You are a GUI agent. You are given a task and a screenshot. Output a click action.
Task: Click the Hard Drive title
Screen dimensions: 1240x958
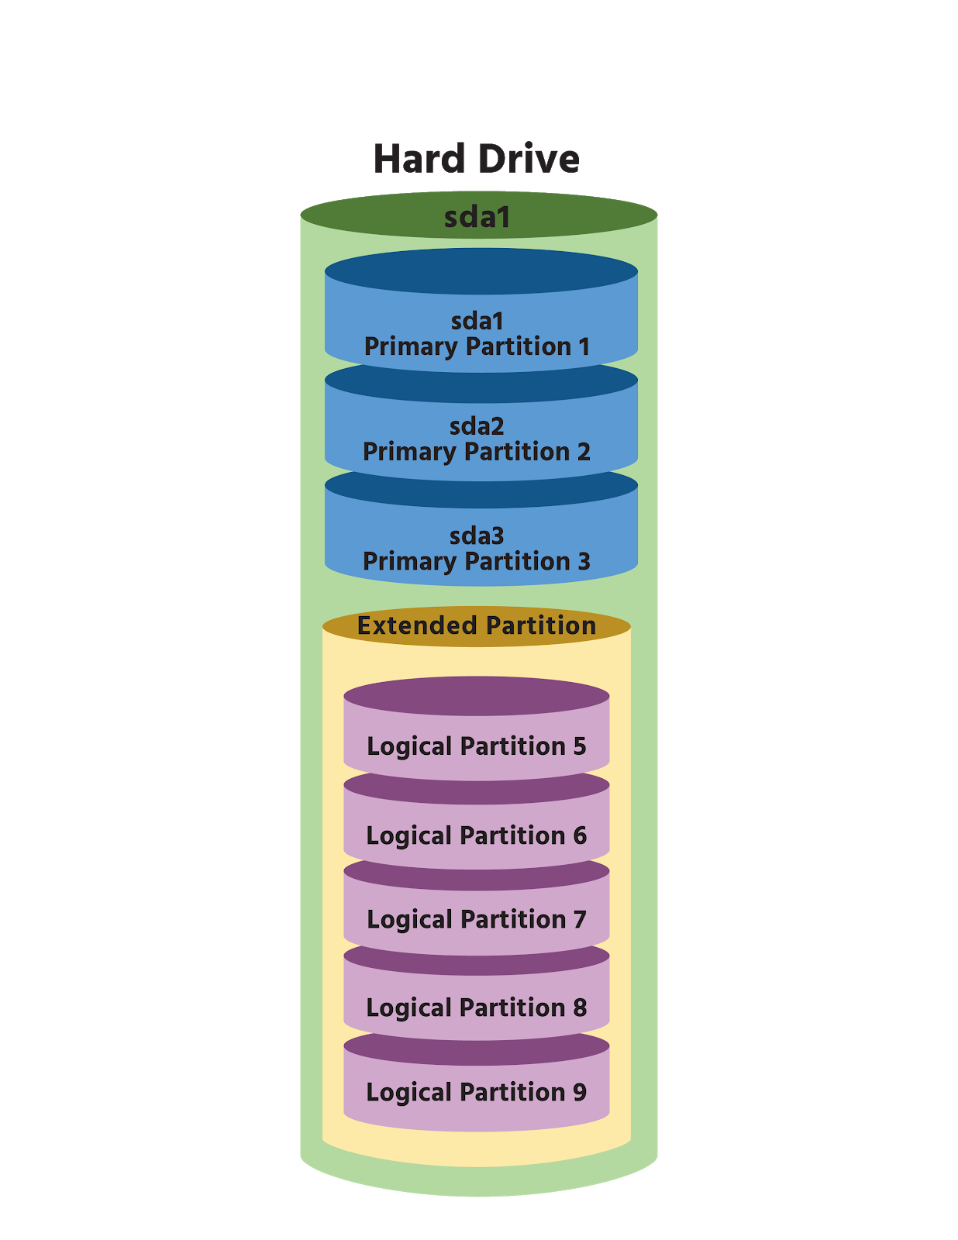(476, 159)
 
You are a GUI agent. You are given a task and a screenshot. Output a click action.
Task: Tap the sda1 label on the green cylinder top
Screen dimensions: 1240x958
(477, 217)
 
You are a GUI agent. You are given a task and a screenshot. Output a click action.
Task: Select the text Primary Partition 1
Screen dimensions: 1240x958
(477, 346)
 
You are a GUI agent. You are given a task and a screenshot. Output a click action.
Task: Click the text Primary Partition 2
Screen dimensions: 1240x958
(477, 451)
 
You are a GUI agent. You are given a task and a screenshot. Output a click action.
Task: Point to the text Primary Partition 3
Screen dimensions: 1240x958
(477, 561)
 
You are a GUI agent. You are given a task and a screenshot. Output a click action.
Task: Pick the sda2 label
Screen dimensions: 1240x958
(477, 426)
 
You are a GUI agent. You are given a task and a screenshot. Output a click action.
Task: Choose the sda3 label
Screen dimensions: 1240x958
(477, 536)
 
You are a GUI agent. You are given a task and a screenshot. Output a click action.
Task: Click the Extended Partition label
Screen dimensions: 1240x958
(476, 625)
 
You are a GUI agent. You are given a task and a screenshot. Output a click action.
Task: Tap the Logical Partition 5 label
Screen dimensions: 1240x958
(476, 746)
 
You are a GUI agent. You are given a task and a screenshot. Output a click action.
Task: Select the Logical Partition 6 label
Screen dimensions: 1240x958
(476, 835)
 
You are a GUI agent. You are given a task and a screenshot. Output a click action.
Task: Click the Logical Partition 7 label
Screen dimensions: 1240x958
(476, 919)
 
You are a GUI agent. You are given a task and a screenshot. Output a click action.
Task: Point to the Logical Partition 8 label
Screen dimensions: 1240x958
(476, 1007)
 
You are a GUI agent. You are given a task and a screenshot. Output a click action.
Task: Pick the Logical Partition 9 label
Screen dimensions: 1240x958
(476, 1092)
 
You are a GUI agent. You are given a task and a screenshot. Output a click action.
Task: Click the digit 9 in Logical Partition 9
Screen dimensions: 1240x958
(579, 1092)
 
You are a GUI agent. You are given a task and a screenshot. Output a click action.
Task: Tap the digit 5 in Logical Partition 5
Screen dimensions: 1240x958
(579, 746)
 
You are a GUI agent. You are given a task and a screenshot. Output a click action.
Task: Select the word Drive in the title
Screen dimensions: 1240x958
(529, 159)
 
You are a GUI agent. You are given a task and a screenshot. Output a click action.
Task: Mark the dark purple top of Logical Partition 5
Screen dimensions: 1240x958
(476, 695)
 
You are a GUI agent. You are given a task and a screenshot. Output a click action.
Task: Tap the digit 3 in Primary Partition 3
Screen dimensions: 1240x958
(584, 561)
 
